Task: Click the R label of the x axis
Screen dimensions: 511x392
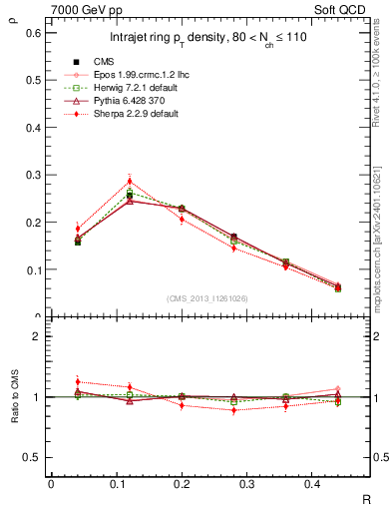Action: click(x=365, y=499)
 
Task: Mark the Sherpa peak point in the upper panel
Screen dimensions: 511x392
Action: click(x=130, y=181)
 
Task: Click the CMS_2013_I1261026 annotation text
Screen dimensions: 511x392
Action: click(x=209, y=297)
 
